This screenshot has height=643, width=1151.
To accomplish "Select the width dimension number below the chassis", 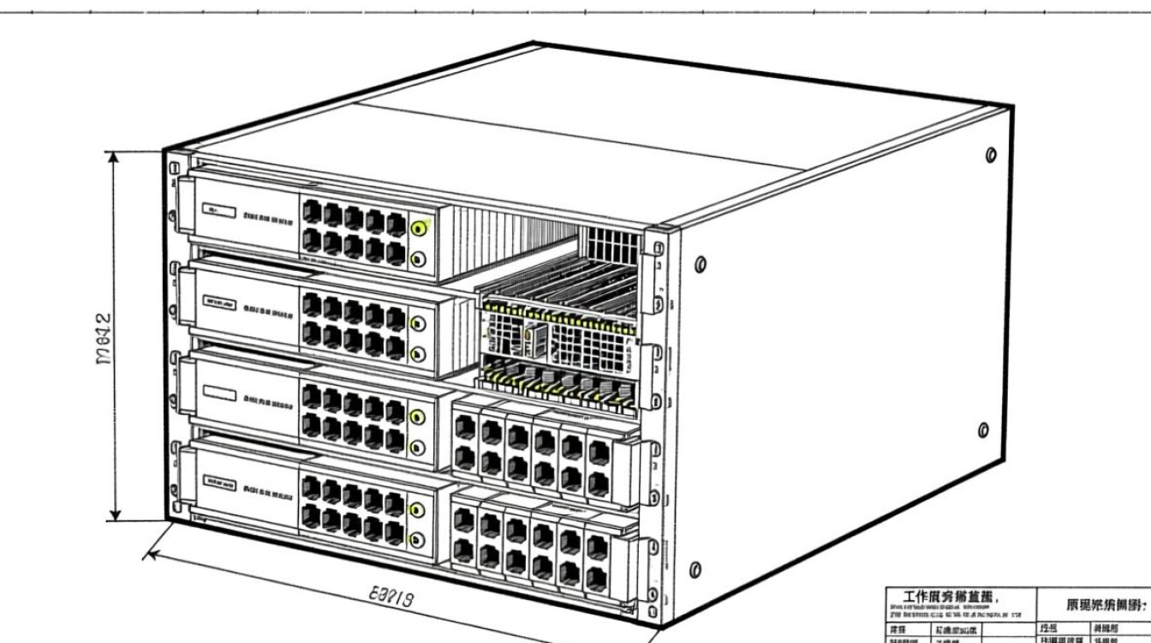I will [391, 596].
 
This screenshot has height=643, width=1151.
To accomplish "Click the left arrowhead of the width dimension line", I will [150, 553].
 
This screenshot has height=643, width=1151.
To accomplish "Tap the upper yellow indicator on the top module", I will [420, 228].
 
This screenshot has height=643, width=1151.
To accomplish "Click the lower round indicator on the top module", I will [420, 260].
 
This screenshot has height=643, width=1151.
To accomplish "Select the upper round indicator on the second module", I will [419, 323].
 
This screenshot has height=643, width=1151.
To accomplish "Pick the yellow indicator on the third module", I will [418, 417].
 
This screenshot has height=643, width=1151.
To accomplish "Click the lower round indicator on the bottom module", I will [418, 539].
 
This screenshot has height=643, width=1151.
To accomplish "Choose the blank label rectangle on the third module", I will [218, 395].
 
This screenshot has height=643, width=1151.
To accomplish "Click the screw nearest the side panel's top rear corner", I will [991, 155].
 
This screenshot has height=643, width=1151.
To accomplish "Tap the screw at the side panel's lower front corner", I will [695, 569].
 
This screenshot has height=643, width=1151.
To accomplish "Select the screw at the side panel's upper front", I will [701, 263].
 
